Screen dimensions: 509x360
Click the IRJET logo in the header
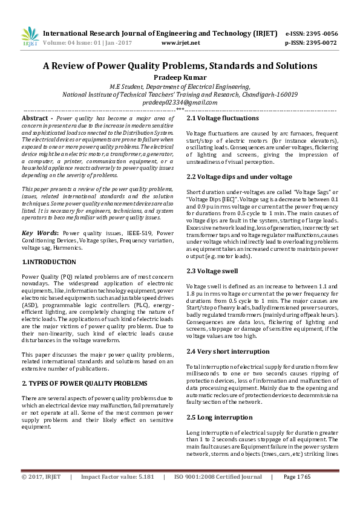[30, 36]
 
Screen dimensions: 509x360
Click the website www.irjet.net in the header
[181, 43]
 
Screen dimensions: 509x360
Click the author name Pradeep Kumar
[180, 77]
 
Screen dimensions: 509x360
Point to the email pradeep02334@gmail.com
[180, 103]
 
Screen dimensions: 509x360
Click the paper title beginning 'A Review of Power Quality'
[180, 65]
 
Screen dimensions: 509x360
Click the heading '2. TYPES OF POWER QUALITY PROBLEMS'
[84, 383]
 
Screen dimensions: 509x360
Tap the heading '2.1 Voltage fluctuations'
[222, 118]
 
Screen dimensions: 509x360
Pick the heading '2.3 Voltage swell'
[212, 271]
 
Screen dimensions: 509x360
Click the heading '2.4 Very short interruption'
[227, 351]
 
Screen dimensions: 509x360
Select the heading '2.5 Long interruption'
[219, 417]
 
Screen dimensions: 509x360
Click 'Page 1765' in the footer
[296, 494]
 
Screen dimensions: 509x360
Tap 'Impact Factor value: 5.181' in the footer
[117, 494]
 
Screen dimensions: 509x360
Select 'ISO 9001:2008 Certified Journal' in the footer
[218, 494]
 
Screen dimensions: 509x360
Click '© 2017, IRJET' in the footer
[41, 494]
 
